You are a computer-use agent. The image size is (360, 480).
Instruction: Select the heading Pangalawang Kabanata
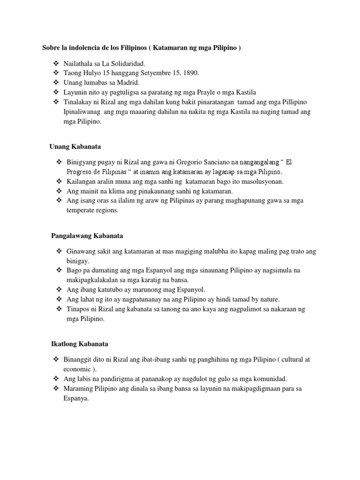click(x=87, y=235)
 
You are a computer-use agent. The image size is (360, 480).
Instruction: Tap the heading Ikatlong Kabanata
click(x=80, y=344)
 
